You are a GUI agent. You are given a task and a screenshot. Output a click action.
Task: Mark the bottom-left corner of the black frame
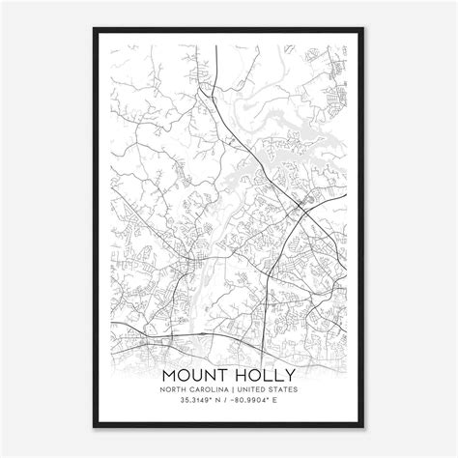94,427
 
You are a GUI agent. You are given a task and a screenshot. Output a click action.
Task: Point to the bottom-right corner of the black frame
364,427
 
